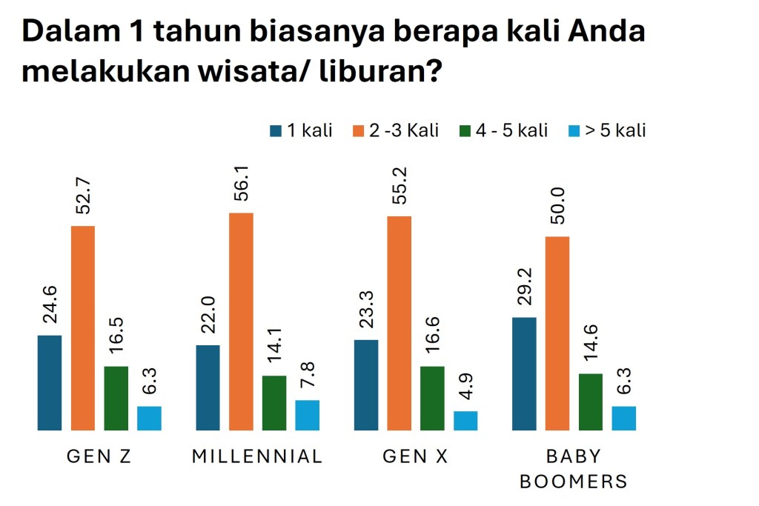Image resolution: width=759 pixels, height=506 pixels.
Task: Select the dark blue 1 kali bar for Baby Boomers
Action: pos(524,373)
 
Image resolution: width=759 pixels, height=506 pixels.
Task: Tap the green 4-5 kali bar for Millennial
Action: pos(274,402)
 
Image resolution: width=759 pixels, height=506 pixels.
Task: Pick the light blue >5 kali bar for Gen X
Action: pos(465,420)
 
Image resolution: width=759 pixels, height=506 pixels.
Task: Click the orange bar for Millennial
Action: pos(241,321)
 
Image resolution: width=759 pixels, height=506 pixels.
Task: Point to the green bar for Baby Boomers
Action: pos(591,402)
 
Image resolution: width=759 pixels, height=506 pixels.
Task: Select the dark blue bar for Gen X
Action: pos(366,385)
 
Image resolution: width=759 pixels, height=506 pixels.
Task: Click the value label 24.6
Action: pos(50,308)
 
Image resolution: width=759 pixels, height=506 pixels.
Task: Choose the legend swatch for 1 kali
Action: pos(276,131)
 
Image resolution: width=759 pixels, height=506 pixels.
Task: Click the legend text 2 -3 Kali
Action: pos(404,131)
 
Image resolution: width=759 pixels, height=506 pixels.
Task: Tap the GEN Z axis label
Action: pos(99,456)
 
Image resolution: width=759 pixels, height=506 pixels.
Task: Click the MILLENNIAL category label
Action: pos(257,456)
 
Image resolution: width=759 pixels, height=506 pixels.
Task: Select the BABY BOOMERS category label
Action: pos(574,468)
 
